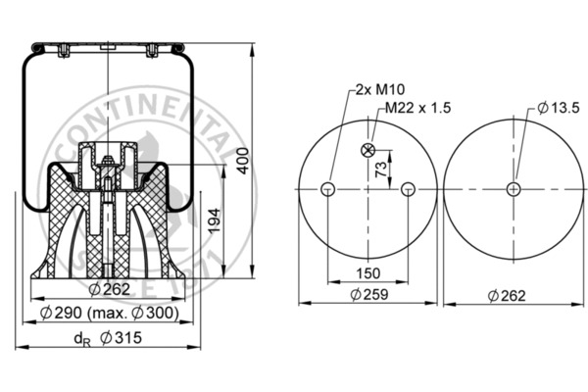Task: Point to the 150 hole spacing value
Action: pyautogui.click(x=367, y=271)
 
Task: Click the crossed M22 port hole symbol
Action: pyautogui.click(x=367, y=150)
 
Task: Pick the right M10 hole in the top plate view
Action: pyautogui.click(x=409, y=189)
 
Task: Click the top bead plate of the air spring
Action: pyautogui.click(x=106, y=46)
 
